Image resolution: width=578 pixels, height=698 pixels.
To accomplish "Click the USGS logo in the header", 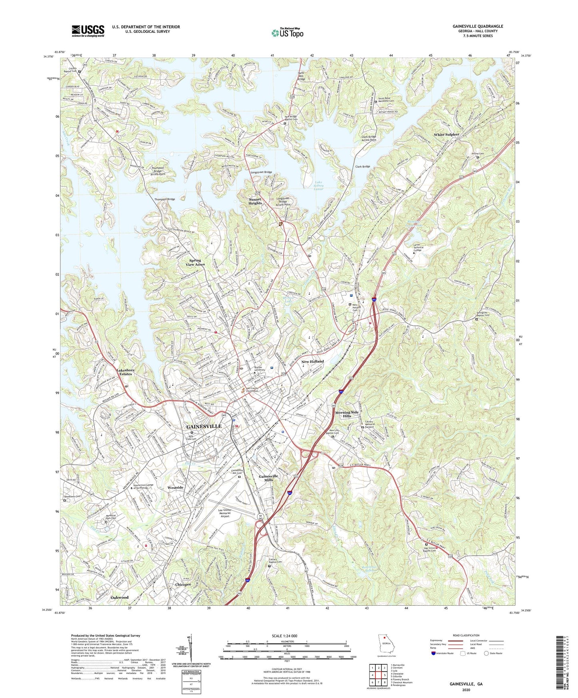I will click(88, 30).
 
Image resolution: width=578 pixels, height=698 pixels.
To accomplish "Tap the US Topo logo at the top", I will click(287, 33).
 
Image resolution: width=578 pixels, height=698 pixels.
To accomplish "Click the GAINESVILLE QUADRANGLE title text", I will click(478, 26).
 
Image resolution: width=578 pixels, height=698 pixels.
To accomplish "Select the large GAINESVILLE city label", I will click(204, 427).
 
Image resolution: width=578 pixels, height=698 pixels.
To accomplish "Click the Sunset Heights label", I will click(255, 201).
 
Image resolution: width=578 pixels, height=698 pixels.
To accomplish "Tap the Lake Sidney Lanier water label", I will click(318, 186).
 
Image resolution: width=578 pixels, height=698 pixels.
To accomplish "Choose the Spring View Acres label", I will click(195, 262).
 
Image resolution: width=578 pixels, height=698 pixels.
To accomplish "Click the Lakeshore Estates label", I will click(125, 372).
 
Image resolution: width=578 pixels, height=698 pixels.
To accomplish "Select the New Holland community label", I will click(313, 361).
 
